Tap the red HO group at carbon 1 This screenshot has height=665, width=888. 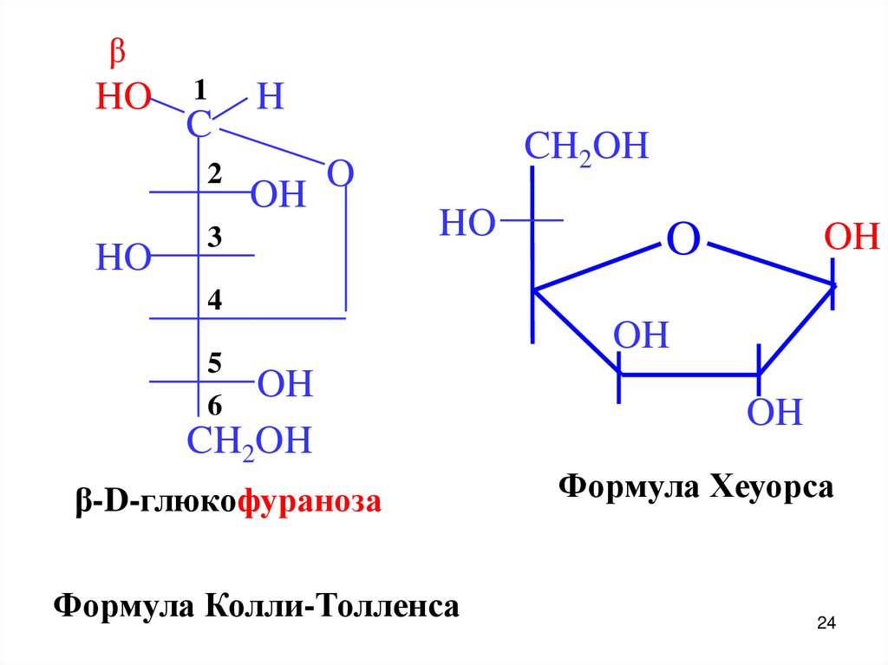coord(123,98)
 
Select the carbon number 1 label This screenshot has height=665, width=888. coord(200,88)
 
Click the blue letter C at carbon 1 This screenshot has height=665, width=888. coord(199,126)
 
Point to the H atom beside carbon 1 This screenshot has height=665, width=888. coord(270,97)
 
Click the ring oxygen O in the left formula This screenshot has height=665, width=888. coord(341,174)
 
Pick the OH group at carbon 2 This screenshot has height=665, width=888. coord(278,196)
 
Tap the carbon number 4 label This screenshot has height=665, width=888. coord(214,300)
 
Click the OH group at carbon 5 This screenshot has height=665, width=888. coord(285,384)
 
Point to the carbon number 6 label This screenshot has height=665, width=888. coord(214,405)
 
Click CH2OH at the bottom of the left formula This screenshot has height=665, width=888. coord(249,442)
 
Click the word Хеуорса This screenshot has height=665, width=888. coord(772,486)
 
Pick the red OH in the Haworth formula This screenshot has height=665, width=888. coord(852,237)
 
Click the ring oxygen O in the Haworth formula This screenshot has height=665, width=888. coord(682,239)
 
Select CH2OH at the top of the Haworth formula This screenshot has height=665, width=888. coord(586,147)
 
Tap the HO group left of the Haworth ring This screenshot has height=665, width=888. coord(467,223)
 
